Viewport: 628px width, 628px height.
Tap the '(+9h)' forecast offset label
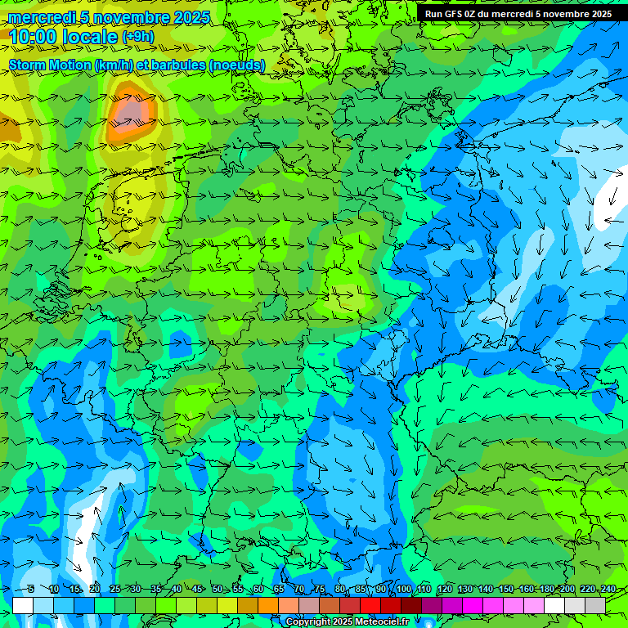point(137,36)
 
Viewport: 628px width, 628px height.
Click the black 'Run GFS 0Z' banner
point(518,14)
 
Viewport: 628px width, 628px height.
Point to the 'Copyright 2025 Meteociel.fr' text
point(347,622)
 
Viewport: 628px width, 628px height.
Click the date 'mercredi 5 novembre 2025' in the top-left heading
point(110,17)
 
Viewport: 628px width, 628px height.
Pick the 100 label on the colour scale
point(404,590)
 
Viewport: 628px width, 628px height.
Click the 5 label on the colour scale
point(31,590)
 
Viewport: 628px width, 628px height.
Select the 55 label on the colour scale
point(238,590)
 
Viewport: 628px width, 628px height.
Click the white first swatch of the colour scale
point(23,605)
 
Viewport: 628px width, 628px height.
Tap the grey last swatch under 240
point(595,605)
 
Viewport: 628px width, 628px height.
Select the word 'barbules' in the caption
point(183,65)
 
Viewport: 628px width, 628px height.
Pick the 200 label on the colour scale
point(567,590)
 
